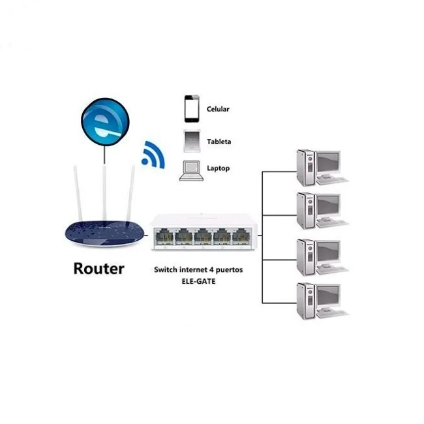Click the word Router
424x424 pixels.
[x=98, y=268]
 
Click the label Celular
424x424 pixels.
[x=218, y=110]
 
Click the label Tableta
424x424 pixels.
[x=219, y=141]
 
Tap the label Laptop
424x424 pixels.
[x=218, y=168]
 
